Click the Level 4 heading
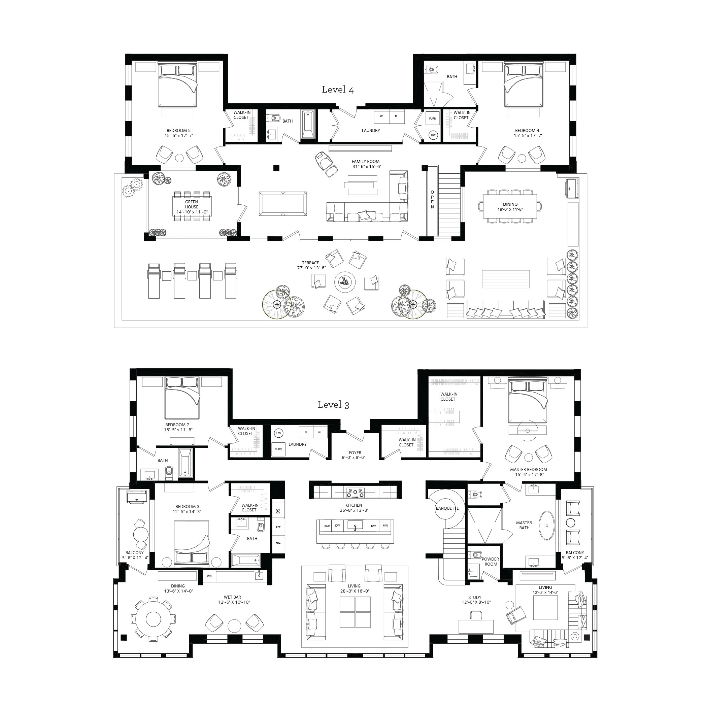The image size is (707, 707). (337, 90)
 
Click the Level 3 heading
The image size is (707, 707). (333, 405)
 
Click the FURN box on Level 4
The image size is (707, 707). (433, 119)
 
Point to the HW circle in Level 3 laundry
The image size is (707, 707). (278, 433)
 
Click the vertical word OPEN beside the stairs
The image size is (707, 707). (432, 200)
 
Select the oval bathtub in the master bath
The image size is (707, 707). (547, 526)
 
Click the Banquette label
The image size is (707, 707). (447, 508)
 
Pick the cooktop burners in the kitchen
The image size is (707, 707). (355, 493)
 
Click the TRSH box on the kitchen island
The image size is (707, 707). (327, 526)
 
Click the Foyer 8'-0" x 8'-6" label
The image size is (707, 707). (355, 455)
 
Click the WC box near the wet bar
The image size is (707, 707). (209, 576)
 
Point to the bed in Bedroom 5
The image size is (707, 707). (177, 85)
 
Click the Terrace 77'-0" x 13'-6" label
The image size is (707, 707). (311, 265)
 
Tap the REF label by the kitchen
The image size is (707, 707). (278, 527)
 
